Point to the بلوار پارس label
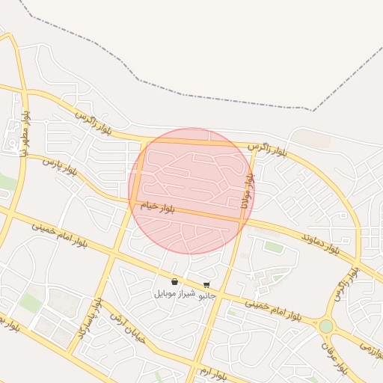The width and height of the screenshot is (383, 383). (60, 166)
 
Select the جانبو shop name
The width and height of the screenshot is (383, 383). (206, 295)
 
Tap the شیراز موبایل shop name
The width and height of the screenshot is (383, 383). (174, 293)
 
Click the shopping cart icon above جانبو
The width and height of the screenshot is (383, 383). (206, 285)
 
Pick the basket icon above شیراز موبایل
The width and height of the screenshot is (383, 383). (174, 282)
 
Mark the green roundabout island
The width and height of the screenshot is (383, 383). (325, 326)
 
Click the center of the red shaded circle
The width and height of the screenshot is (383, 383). (191, 191)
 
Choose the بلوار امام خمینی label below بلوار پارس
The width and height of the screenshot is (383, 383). (59, 234)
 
